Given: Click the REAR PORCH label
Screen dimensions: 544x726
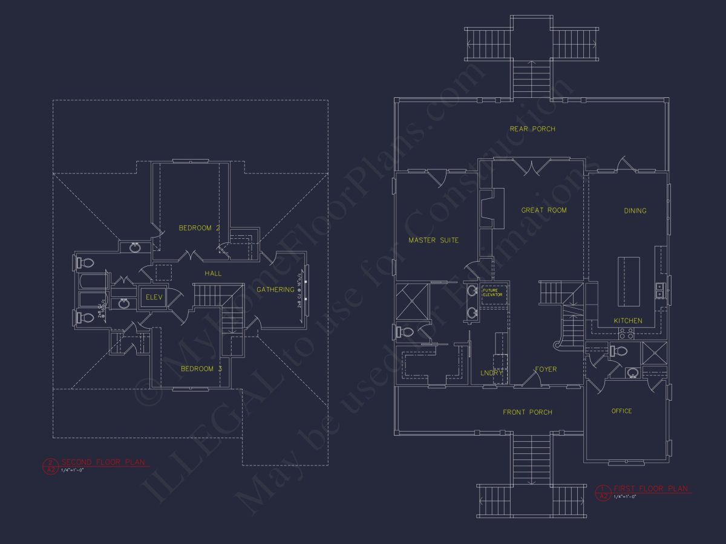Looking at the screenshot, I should tap(532, 129).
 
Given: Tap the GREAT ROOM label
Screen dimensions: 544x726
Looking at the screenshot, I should tap(544, 210).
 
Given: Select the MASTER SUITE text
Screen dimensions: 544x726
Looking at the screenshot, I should tap(433, 241).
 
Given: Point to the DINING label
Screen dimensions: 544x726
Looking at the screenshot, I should tap(635, 211).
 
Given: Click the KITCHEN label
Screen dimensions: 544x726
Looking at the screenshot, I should tap(628, 320).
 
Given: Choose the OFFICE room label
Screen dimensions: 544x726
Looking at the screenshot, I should tap(621, 411).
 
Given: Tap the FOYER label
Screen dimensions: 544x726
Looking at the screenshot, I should tap(545, 369).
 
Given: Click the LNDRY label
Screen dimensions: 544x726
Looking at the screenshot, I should tap(491, 373).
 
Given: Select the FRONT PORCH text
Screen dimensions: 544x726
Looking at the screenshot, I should tap(528, 412).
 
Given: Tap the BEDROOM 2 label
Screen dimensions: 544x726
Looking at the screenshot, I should tap(199, 228).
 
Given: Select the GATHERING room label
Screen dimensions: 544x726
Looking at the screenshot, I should tap(275, 290).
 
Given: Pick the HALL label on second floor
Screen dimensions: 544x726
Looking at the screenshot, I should tap(213, 274).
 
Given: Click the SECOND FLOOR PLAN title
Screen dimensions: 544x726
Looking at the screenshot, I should tap(103, 462).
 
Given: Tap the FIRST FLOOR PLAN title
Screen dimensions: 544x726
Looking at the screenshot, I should tap(651, 488).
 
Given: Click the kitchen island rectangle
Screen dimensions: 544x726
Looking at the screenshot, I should tap(628, 281).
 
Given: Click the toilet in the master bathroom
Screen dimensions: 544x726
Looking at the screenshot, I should tap(403, 332).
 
